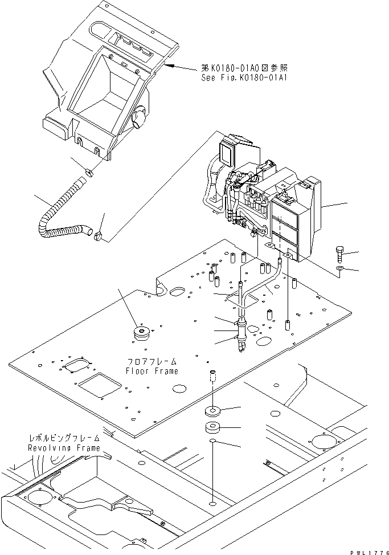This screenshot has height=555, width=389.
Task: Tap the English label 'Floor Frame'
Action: tap(152, 371)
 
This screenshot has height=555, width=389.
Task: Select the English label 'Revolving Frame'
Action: tap(64, 448)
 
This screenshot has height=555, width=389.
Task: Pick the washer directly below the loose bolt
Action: tap(340, 268)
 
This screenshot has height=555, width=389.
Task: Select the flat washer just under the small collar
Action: tap(212, 411)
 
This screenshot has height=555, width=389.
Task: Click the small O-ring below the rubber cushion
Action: tap(212, 442)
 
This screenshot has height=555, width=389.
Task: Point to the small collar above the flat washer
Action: tap(212, 377)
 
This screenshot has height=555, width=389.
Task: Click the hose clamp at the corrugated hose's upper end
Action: tap(89, 172)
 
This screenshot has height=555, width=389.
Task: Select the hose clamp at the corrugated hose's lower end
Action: tap(99, 234)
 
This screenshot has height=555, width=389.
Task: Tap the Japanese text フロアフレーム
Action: tap(151, 362)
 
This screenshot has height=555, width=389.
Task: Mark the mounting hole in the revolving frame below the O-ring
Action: tap(212, 504)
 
